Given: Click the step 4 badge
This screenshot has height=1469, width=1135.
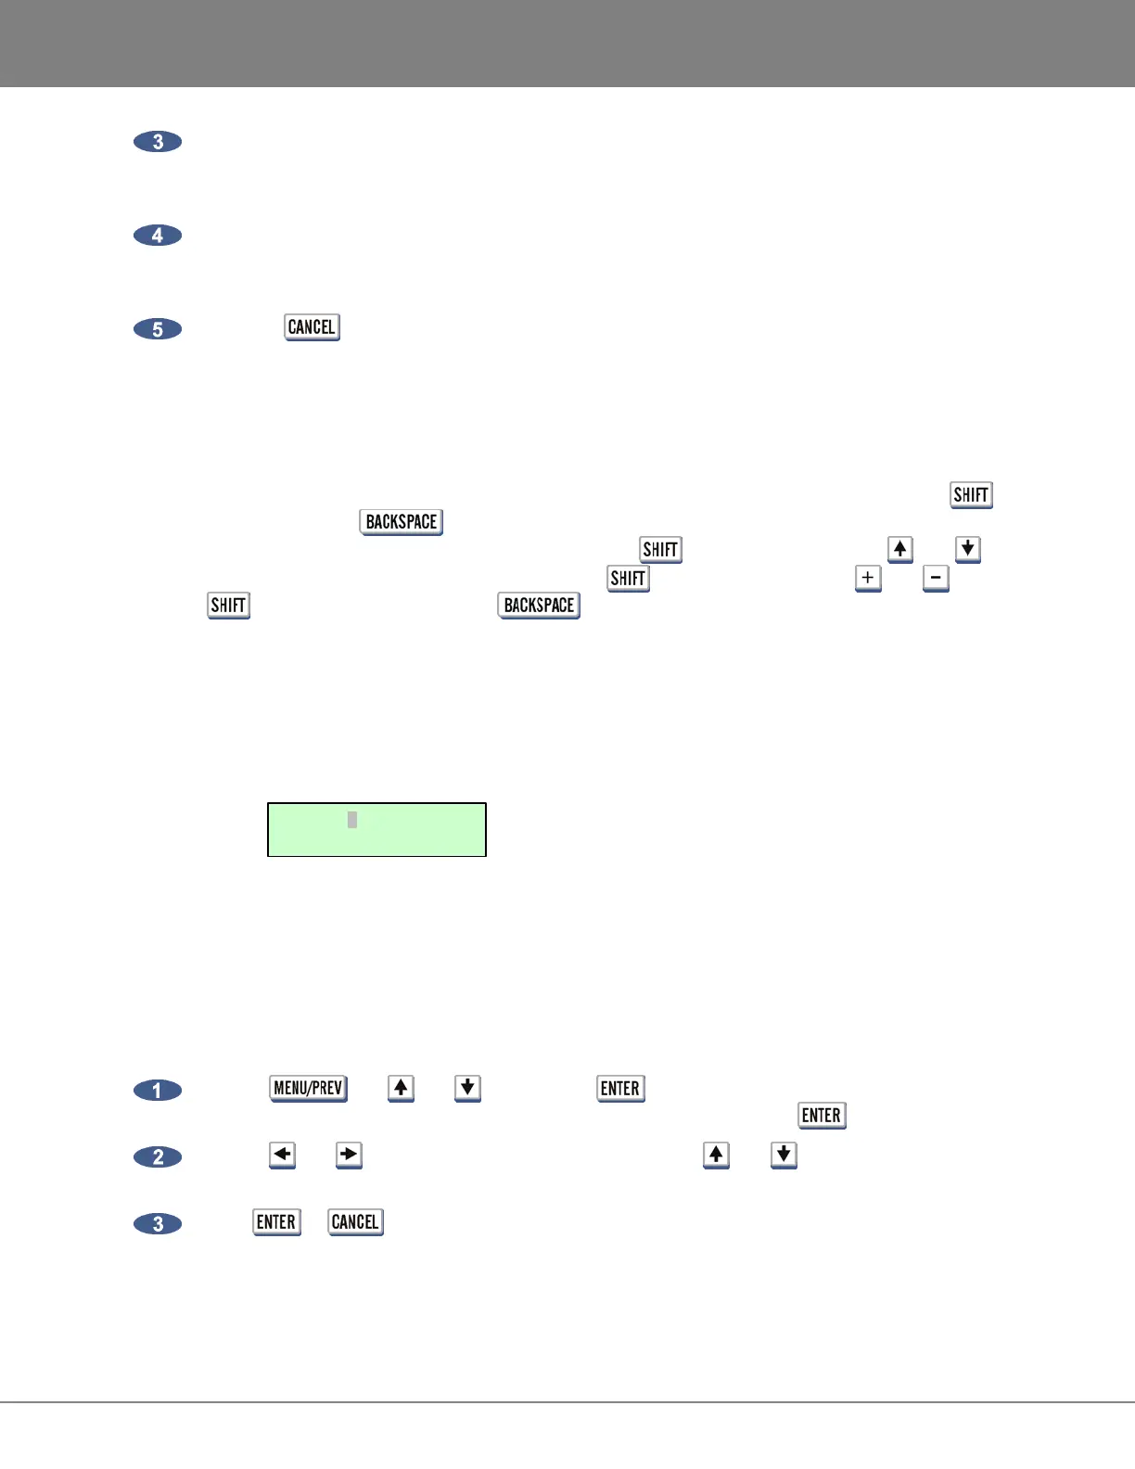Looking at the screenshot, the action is pos(158,236).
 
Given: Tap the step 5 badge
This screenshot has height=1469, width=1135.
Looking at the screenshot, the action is pos(158,329).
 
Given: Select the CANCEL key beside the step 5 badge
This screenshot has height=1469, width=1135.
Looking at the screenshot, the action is pos(312,327).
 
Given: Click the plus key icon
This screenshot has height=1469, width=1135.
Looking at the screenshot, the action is pos(868,578).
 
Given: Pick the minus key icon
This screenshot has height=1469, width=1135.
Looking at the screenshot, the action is pos(936,578).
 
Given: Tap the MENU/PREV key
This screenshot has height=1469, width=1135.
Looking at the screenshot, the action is pos(308,1088).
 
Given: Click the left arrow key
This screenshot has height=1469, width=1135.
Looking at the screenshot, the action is pos(282,1155).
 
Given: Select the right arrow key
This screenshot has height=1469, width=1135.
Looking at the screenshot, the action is pos(349,1155).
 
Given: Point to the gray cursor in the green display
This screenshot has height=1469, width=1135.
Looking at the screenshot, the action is pos(352,820).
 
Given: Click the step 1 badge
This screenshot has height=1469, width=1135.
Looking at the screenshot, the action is pos(158,1091).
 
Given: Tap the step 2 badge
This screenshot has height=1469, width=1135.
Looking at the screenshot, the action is pos(158,1157).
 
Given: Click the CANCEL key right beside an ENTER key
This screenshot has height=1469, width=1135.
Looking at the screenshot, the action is pos(355,1222).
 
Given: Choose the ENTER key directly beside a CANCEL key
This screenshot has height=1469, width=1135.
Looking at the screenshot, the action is pos(276,1222).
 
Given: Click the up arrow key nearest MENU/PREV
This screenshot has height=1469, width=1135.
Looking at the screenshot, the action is pos(401,1088).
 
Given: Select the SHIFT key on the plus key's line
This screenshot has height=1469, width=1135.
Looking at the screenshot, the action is pos(628,579).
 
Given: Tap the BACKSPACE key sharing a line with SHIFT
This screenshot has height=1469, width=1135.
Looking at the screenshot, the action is pos(539,606).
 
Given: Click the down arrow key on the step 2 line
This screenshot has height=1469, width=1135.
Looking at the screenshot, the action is pos(784,1155).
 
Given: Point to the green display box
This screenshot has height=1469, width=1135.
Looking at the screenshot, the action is pos(376,829).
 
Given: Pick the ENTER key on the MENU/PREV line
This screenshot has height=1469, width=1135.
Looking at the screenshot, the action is pos(620,1089).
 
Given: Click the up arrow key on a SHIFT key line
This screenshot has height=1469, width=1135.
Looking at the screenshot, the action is pos(899,549).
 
